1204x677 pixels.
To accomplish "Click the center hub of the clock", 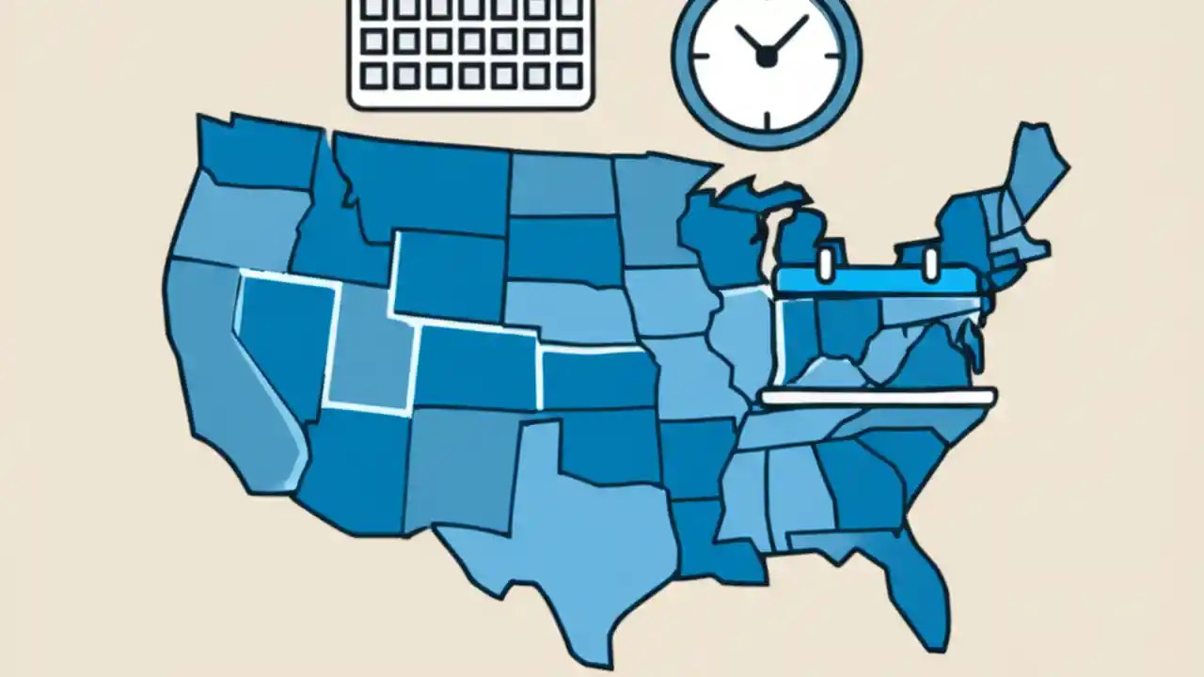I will pyautogui.click(x=767, y=57).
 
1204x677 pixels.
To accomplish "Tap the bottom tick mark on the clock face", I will pyautogui.click(x=767, y=121).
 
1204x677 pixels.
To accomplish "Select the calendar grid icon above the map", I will pyautogui.click(x=470, y=52).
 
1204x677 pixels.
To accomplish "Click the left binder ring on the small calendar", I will pyautogui.click(x=825, y=264).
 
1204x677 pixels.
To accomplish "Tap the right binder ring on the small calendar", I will pyautogui.click(x=931, y=264).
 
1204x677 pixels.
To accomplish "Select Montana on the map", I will pyautogui.click(x=423, y=183).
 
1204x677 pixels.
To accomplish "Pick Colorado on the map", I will pyautogui.click(x=475, y=367).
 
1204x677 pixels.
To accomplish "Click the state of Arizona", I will pyautogui.click(x=353, y=470).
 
